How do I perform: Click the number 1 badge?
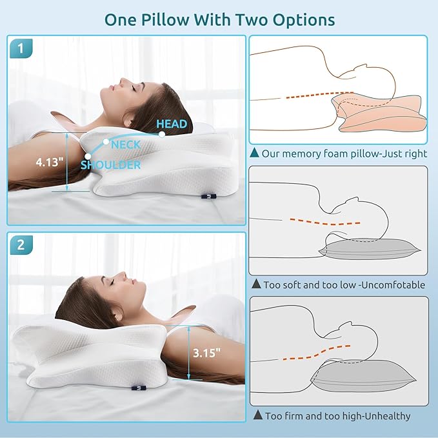(x=21, y=48)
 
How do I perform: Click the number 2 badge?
(x=21, y=245)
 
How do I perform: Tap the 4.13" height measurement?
(x=50, y=162)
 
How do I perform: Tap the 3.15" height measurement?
(x=206, y=353)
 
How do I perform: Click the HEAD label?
(x=172, y=124)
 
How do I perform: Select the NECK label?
(x=126, y=144)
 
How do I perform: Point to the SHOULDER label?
(x=110, y=164)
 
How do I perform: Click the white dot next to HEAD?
(x=162, y=134)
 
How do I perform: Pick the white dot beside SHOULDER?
(x=88, y=156)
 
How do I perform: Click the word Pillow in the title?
(x=165, y=20)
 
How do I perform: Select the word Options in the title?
(x=304, y=21)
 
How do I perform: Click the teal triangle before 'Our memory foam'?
(x=254, y=152)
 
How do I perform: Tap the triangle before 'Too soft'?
(x=256, y=284)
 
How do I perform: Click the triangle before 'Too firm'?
(x=258, y=415)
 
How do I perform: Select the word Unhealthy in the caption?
(x=388, y=416)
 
